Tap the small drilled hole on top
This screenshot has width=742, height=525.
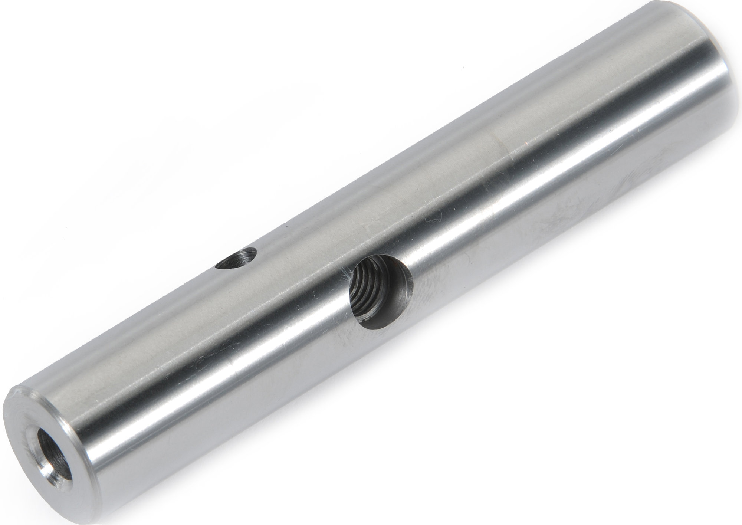[x=237, y=258]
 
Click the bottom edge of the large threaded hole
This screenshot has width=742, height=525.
[x=375, y=327]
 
